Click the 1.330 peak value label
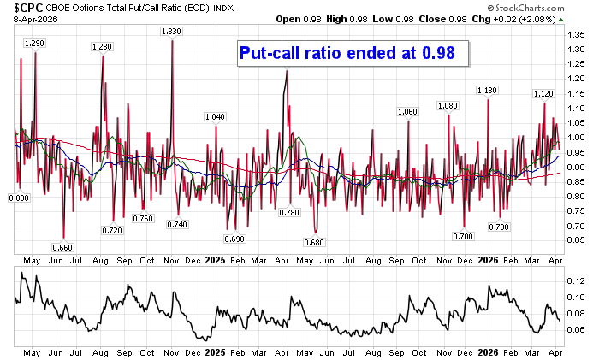click(171, 32)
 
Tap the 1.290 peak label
click(35, 43)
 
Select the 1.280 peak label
click(103, 46)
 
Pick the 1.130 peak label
click(487, 90)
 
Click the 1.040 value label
click(216, 116)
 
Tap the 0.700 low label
click(463, 235)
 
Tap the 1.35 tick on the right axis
click(575, 35)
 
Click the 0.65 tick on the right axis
click(575, 240)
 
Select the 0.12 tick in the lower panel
click(575, 280)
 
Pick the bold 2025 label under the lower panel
click(216, 351)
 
